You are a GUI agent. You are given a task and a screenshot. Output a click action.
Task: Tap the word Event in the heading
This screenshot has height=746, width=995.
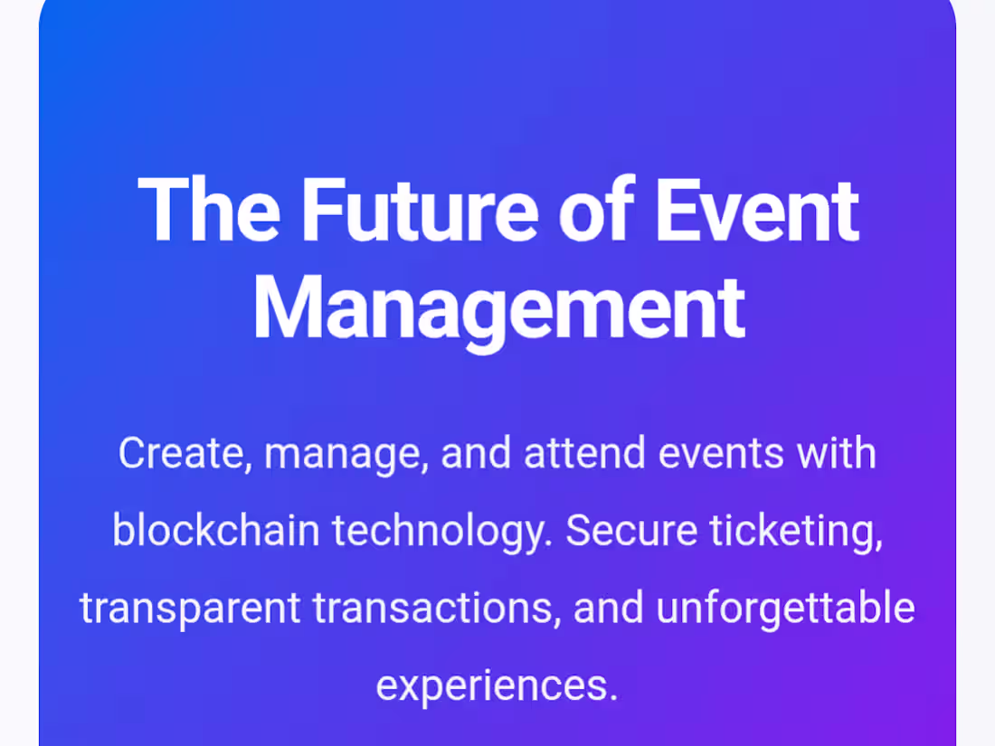click(x=755, y=211)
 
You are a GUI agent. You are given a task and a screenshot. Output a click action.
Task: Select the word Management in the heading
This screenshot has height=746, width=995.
click(x=497, y=308)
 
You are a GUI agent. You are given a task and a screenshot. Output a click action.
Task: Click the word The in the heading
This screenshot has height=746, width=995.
click(x=208, y=211)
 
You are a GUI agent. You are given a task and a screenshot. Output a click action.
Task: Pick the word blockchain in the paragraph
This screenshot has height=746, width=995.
click(x=216, y=531)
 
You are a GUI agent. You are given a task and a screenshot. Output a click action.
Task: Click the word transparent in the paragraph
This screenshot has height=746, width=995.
click(x=190, y=609)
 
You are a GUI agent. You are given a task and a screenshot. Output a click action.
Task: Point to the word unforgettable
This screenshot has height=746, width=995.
click(x=785, y=609)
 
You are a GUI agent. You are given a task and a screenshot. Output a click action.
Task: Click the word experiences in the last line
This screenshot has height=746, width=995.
click(x=497, y=686)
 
